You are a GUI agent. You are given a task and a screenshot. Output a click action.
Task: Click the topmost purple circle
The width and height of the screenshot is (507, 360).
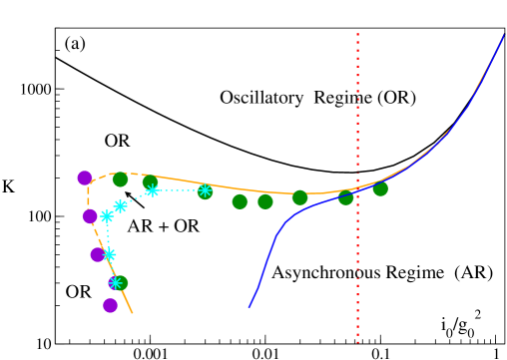click(x=85, y=178)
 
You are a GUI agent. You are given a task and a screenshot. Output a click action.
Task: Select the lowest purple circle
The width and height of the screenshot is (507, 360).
click(x=110, y=305)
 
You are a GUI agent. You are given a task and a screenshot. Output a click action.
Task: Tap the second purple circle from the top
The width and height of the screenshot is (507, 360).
click(x=90, y=216)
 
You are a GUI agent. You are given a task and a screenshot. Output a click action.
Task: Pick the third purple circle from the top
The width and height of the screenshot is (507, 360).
click(x=98, y=254)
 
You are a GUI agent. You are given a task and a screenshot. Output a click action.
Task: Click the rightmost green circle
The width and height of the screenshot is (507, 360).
click(x=380, y=188)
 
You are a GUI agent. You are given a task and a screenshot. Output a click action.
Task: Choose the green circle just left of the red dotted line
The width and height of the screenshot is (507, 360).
click(x=345, y=196)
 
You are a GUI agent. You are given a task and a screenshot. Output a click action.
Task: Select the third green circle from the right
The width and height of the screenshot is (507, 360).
click(x=299, y=197)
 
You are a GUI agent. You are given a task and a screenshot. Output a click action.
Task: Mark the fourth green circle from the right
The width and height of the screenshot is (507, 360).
click(x=264, y=201)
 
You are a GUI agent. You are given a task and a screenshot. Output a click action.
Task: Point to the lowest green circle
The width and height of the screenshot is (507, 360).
click(x=120, y=283)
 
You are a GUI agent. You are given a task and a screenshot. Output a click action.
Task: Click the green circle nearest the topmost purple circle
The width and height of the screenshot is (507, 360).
click(x=120, y=180)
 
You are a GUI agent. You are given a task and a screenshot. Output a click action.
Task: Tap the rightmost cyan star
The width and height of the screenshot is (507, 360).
click(x=205, y=190)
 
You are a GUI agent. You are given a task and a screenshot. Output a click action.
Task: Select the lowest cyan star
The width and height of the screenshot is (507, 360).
click(x=116, y=283)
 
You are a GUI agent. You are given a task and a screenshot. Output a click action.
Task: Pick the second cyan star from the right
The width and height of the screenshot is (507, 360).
click(x=152, y=189)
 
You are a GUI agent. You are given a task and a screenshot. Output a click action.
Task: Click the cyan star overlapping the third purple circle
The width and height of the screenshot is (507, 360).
click(x=109, y=254)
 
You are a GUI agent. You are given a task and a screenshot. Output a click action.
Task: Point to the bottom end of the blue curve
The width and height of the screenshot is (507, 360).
click(x=250, y=307)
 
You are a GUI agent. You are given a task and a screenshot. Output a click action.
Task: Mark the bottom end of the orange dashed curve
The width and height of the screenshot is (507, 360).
click(x=132, y=313)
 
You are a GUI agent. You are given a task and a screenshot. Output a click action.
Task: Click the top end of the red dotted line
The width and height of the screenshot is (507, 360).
click(x=357, y=34)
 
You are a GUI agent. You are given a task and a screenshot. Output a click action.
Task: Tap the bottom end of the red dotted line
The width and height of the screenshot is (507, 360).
click(x=357, y=342)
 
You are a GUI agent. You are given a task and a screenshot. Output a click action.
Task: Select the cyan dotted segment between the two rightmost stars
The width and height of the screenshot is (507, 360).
click(x=178, y=189)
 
